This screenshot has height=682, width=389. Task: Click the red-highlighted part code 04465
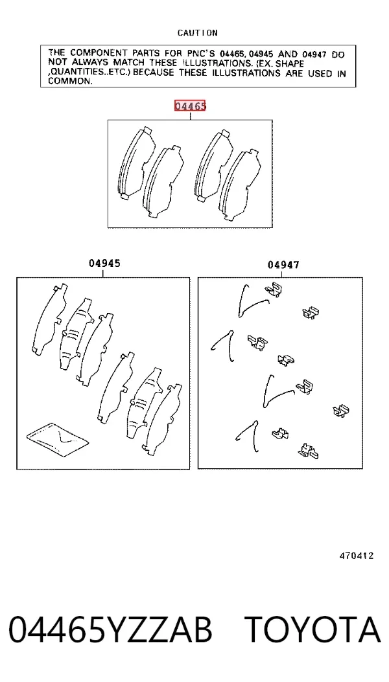click(190, 106)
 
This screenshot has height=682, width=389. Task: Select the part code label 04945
click(104, 263)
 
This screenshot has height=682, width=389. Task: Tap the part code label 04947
click(283, 264)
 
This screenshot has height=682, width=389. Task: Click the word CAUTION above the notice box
click(197, 32)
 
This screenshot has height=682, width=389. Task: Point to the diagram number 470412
click(357, 556)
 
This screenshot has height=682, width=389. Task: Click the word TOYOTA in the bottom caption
click(312, 630)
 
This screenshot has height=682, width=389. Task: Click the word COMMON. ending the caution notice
click(70, 81)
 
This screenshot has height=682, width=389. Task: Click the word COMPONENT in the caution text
click(96, 54)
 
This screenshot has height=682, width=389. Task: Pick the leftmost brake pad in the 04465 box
click(136, 164)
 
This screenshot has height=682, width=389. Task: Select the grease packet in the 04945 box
click(57, 440)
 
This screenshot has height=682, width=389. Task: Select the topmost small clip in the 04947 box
click(273, 289)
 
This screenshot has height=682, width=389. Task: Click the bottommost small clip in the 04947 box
click(309, 451)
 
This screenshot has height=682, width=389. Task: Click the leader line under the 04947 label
click(282, 273)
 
